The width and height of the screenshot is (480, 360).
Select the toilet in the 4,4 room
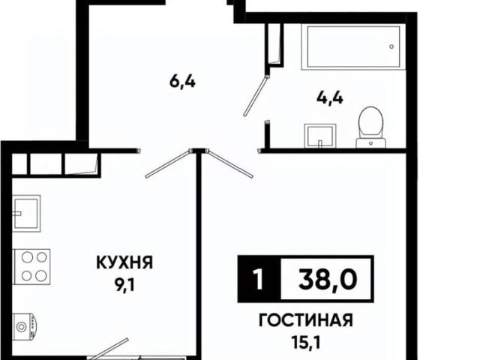tap(369, 124)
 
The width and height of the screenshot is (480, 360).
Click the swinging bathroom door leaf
tap(256, 94)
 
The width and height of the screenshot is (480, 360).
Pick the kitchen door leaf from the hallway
tap(168, 164)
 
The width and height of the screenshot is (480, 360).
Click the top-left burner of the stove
tap(24, 257)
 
